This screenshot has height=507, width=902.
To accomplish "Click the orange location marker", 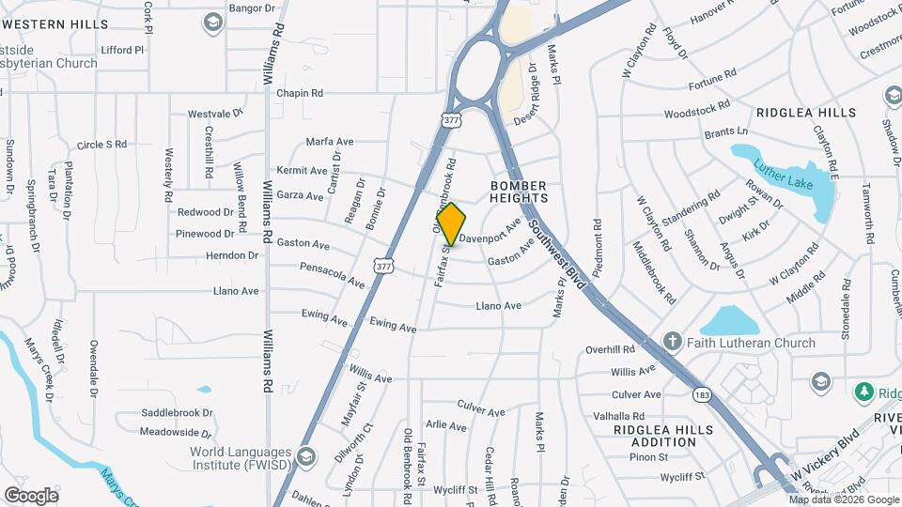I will coord(452,223).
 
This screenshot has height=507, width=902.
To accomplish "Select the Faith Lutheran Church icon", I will coord(672,343).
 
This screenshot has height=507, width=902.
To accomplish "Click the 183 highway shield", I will coord(701,394).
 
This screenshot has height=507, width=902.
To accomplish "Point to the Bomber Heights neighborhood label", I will coord(519,192).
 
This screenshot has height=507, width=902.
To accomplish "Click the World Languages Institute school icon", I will coord(305,457).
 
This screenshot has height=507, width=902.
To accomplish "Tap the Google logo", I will coord(31,495).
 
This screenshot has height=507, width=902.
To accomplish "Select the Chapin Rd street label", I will coord(299,94).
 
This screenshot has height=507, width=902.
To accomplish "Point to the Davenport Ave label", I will coord(490,232).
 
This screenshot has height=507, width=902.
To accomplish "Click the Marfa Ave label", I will coord(330,142).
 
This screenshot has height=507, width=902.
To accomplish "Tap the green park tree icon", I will coord(864,392).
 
